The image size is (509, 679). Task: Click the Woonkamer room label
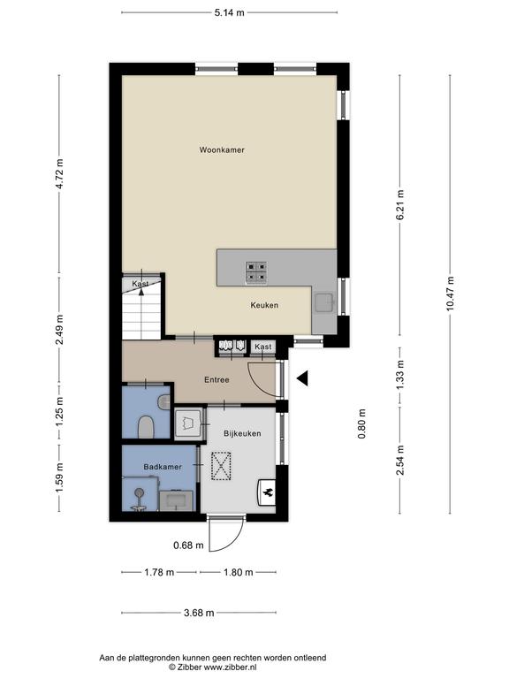point(222,149)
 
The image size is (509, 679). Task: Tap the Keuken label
point(264,305)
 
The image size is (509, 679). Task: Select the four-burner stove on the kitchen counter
point(255,273)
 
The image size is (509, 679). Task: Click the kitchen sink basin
point(324,302)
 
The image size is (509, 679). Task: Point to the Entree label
point(217,380)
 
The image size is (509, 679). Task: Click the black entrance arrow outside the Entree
point(302,378)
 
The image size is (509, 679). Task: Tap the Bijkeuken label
point(242,433)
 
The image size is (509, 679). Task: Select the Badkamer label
point(163,467)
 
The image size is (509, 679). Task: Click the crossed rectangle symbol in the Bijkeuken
point(221,466)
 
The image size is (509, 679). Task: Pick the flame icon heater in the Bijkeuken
point(268,492)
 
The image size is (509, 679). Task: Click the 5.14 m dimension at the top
point(230,12)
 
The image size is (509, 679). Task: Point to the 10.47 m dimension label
point(450,294)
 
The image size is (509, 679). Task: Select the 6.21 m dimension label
point(400,205)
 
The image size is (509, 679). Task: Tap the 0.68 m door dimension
point(188,545)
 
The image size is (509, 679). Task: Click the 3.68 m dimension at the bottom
point(199,613)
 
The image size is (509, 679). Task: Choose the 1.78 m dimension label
point(159,573)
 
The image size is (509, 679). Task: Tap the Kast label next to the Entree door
point(263,347)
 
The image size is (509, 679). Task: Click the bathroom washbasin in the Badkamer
point(177,500)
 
